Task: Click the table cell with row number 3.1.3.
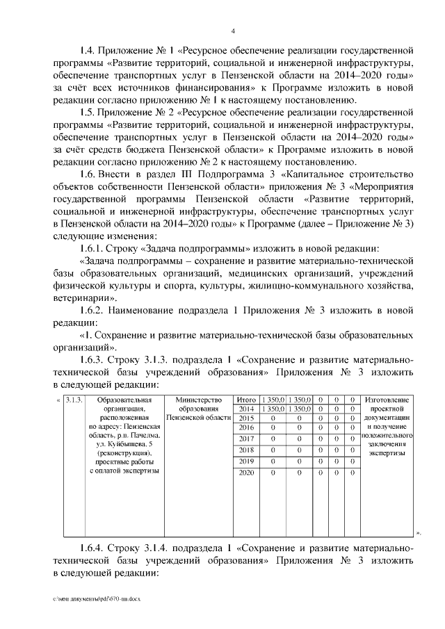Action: [x=74, y=400]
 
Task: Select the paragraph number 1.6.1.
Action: [x=92, y=248]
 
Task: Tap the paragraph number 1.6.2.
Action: [x=92, y=309]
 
